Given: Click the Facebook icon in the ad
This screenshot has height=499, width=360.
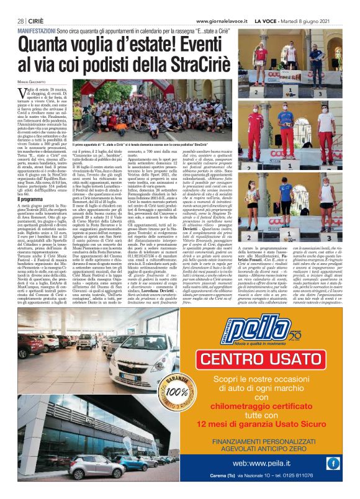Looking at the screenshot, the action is click(x=333, y=462).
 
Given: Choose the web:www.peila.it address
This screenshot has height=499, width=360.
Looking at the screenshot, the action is click(x=257, y=462).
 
